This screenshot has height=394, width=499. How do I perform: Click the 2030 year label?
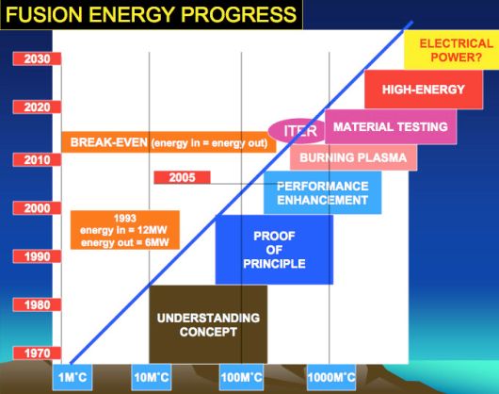37,59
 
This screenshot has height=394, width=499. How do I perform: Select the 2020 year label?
37,107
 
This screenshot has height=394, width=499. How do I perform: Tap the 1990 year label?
37,256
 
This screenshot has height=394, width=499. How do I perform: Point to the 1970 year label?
37,353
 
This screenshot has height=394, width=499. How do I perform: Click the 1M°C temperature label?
72,377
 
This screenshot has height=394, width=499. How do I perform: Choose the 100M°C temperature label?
242,377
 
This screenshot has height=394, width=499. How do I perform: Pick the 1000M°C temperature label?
331,377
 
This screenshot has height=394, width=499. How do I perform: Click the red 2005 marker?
182,177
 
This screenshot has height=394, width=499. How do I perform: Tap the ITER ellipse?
298,131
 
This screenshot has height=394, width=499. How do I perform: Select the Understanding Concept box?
208,324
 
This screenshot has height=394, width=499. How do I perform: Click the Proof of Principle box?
274,250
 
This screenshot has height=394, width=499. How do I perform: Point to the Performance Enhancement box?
323,192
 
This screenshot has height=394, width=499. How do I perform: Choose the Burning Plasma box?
353,157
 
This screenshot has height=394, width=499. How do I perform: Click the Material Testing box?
391,126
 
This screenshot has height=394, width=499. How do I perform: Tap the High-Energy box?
424,90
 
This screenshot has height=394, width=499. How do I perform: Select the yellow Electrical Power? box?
452,50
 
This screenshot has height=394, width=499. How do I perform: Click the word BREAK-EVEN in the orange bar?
109,142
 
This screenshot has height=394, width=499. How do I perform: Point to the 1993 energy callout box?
125,230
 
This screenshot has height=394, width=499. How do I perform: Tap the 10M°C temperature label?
152,377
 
